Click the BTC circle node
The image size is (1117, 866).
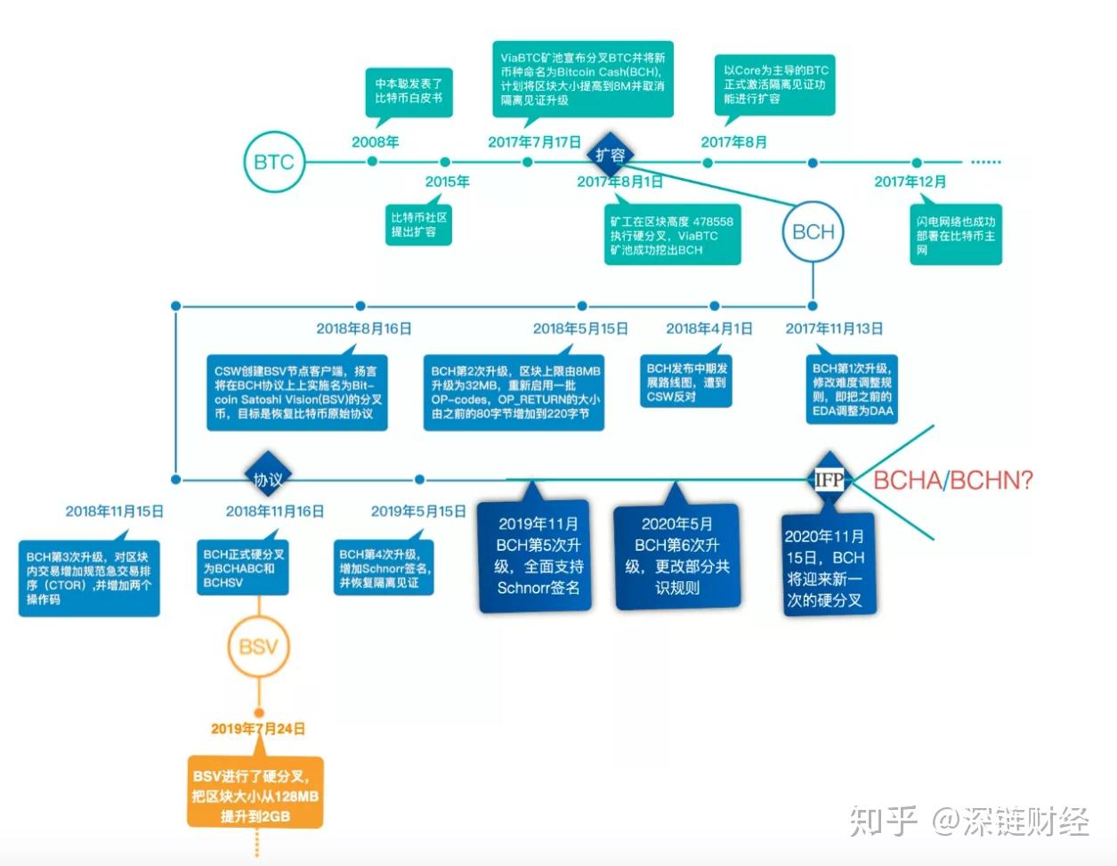tap(274, 162)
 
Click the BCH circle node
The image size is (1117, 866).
tap(813, 231)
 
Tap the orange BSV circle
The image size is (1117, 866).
tap(258, 647)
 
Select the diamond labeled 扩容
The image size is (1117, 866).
tap(611, 156)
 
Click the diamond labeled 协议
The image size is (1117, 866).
tap(268, 480)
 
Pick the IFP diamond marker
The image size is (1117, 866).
tap(830, 480)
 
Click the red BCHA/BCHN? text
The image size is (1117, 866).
tap(952, 481)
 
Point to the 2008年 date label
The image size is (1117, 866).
tap(375, 142)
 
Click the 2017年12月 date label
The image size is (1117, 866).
tap(910, 182)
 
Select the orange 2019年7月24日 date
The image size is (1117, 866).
tap(258, 729)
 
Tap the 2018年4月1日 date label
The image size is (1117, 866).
tap(708, 328)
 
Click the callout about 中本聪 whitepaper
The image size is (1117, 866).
tap(409, 91)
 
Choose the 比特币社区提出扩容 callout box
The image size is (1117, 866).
tap(418, 224)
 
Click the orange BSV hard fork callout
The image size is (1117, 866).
tap(255, 791)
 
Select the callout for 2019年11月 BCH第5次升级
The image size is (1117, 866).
tap(537, 555)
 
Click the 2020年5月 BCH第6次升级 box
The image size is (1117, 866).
tap(676, 555)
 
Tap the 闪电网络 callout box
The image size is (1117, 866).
tap(956, 236)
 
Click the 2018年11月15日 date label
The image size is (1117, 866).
tap(114, 512)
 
